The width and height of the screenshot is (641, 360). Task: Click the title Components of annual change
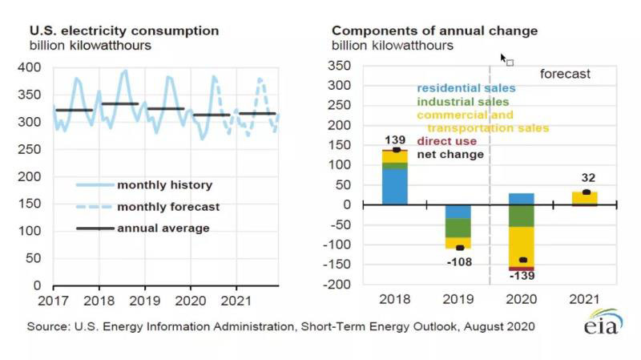435,30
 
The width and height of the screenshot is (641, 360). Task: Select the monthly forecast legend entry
167,206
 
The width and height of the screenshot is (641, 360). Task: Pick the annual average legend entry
163,228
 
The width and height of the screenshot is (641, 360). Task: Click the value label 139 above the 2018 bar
396,140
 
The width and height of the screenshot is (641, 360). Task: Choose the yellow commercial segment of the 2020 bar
521,245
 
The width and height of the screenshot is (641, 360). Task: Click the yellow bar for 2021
585,197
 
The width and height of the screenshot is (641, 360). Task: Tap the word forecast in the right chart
564,74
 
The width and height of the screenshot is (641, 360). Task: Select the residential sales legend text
466,87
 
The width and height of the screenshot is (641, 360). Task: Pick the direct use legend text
447,141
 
